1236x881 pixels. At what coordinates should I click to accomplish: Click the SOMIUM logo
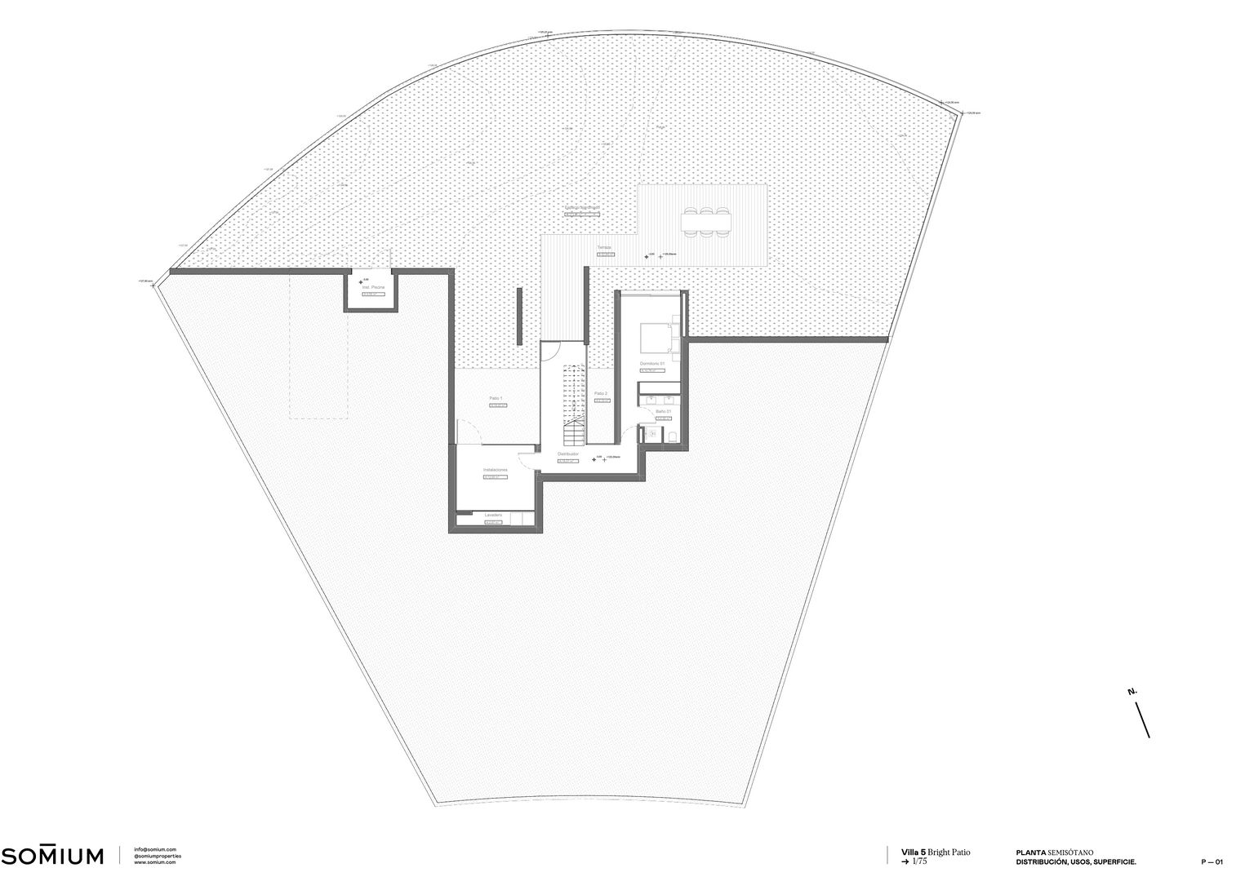click(x=53, y=855)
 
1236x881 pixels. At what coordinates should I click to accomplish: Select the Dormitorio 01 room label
click(x=652, y=363)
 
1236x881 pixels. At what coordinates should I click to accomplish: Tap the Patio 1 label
click(x=496, y=398)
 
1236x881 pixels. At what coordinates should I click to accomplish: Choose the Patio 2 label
click(x=601, y=393)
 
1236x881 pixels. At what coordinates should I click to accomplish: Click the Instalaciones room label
click(x=496, y=470)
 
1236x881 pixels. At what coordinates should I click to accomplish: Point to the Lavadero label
click(x=493, y=515)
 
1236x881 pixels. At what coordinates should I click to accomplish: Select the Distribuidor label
click(x=568, y=454)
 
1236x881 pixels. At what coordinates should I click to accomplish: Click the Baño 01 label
click(x=663, y=411)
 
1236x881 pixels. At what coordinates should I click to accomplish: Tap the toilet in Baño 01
click(x=672, y=436)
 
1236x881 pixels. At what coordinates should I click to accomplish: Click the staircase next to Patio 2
click(x=574, y=400)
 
